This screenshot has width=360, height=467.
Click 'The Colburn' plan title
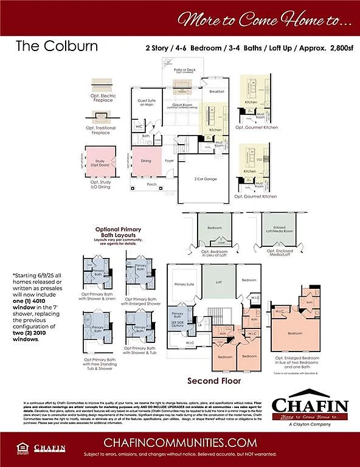pyautogui.click(x=46, y=46)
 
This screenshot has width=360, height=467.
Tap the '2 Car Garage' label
pyautogui.click(x=206, y=179)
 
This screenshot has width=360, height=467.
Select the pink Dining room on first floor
pyautogui.click(x=147, y=161)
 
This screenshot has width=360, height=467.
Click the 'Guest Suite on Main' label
pyautogui.click(x=147, y=102)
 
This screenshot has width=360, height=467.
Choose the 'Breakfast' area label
pyautogui.click(x=216, y=91)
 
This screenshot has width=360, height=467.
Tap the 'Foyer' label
pyautogui.click(x=168, y=161)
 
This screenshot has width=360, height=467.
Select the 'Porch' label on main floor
pyautogui.click(x=151, y=184)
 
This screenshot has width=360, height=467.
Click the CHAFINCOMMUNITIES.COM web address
pyautogui.click(x=180, y=441)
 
